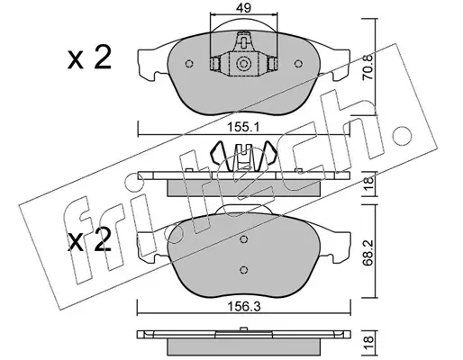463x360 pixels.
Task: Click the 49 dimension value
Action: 243,8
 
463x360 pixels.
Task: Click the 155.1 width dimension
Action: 243,128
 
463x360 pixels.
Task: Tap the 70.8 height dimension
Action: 368,67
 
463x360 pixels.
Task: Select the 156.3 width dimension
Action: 243,307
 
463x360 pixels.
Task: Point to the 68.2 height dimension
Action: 368,252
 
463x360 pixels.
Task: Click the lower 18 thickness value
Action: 368,339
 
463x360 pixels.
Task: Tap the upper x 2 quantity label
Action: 89,58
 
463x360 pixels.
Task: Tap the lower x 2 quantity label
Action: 89,240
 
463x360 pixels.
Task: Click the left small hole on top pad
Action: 189,64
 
